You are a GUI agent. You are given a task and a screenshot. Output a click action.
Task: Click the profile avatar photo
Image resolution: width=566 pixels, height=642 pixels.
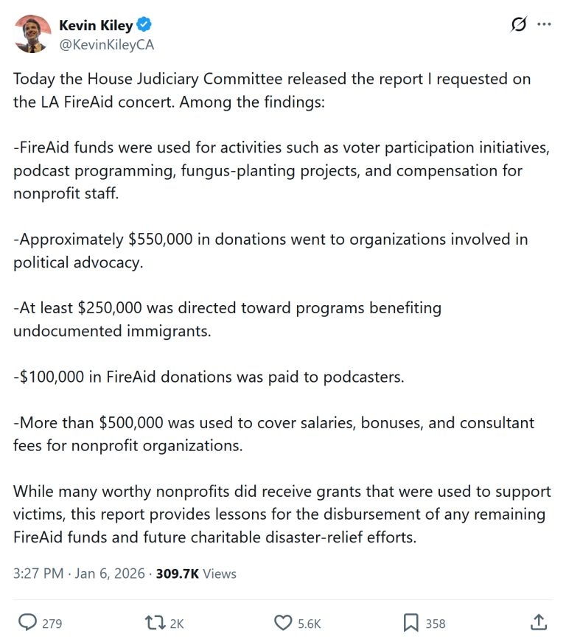32,33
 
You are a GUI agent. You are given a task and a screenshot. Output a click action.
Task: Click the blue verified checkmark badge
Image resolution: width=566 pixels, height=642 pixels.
144,26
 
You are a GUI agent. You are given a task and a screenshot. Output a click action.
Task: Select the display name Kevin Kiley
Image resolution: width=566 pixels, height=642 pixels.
96,26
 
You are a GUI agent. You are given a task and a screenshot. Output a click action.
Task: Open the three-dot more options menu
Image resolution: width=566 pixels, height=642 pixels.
544,24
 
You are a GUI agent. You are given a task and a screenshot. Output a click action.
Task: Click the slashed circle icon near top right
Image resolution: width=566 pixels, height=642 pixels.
519,24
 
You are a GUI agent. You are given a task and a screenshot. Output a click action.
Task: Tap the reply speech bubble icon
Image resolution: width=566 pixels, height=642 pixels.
27,623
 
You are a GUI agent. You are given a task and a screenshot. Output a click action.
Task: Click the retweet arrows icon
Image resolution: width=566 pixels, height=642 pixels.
155,623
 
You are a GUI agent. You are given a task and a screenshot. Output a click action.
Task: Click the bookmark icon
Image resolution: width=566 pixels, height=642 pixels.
410,623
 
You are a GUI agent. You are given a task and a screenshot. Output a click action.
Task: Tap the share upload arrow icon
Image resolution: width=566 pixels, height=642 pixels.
538,622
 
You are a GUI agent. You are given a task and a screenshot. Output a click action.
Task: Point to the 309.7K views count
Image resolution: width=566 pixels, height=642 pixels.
178,573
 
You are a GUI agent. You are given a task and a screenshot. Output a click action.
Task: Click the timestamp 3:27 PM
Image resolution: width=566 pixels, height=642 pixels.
38,573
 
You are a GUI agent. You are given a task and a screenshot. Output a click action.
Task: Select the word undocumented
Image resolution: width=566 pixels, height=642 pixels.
63,331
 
